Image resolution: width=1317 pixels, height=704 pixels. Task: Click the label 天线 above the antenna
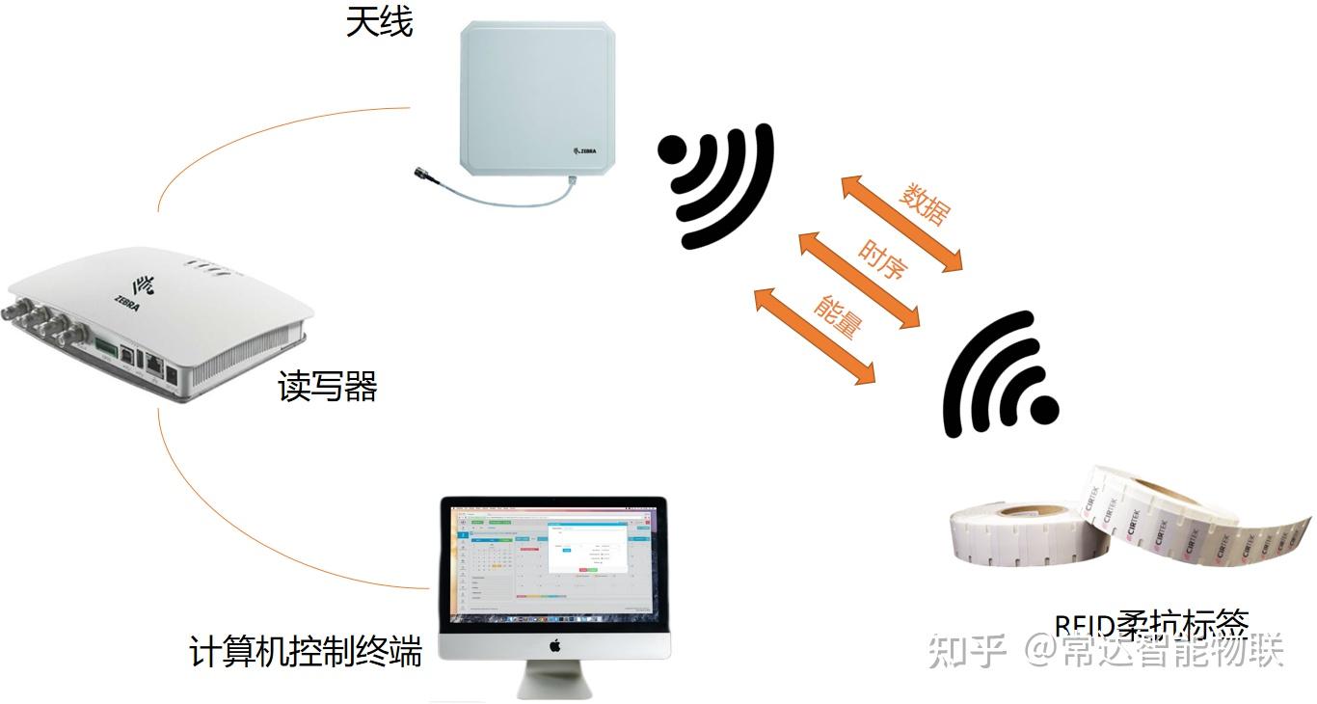pyautogui.click(x=380, y=22)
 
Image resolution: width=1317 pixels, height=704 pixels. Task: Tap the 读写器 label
pyautogui.click(x=327, y=387)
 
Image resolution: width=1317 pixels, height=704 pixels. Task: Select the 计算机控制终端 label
pyautogui.click(x=306, y=652)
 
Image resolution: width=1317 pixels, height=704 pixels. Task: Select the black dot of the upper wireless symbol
pyautogui.click(x=672, y=152)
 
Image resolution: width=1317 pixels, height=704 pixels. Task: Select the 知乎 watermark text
pyautogui.click(x=967, y=652)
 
